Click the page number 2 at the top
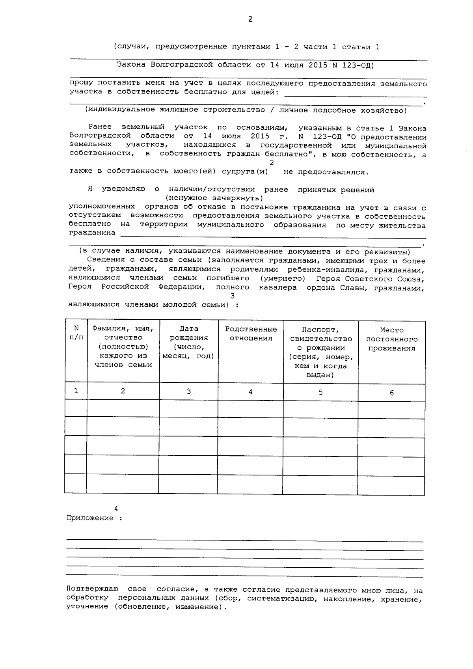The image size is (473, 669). pos(250,19)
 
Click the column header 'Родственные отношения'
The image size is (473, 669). pos(251,334)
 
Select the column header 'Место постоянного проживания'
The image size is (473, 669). pos(391,339)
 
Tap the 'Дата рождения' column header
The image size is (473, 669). pos(188,342)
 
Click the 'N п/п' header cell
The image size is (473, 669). pos(76,333)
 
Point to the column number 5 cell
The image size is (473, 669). pos(320,392)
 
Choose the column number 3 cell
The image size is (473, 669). pos(189,391)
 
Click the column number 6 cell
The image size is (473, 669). pos(391,393)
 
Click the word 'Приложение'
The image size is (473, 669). pos(90,518)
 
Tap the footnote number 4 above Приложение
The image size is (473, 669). pos(116,509)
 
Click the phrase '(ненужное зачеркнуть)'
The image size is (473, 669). pos(214,198)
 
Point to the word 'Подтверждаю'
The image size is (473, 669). pos(92,589)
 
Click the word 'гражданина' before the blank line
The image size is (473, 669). pos(92,233)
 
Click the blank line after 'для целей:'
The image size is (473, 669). pos(355,93)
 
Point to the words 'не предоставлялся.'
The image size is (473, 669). pos(326,172)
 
